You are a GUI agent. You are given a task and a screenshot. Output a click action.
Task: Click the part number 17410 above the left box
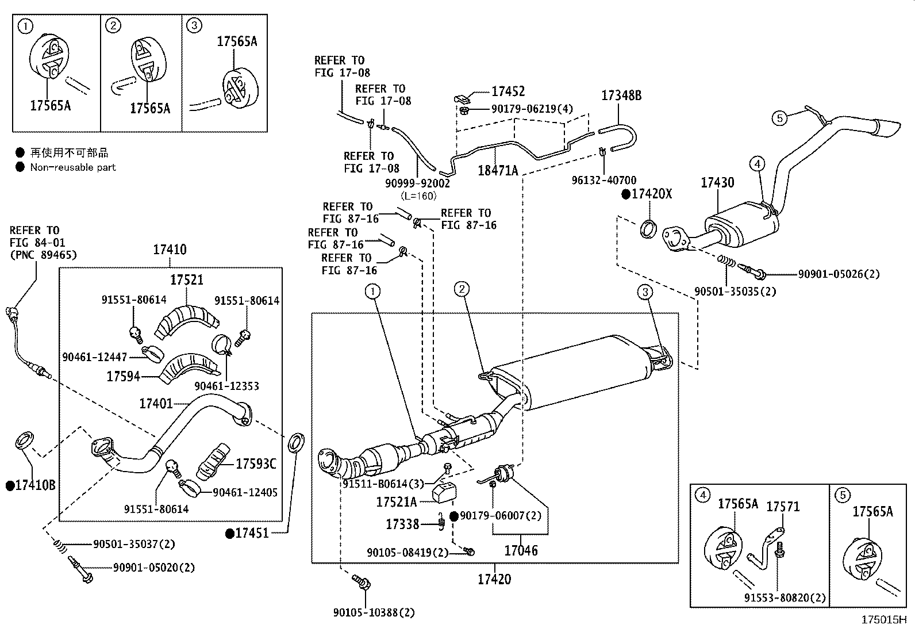tap(170, 250)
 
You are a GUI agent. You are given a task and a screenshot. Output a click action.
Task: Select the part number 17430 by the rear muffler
tap(717, 183)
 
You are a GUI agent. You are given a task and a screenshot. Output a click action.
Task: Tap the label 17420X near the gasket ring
tap(651, 194)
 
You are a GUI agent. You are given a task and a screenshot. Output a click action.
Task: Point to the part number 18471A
tap(498, 171)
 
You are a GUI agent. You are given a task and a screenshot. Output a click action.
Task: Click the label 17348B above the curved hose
tap(621, 96)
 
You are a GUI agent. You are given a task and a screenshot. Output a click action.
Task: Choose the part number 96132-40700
tap(604, 181)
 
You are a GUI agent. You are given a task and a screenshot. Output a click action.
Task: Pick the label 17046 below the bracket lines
tap(521, 551)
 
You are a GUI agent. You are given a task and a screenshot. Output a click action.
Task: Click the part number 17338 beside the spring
tap(402, 524)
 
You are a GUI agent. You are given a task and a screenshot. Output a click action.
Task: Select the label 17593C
tap(256, 464)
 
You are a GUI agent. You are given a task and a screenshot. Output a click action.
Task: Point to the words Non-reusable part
tap(73, 167)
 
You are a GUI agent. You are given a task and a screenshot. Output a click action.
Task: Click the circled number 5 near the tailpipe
tap(779, 118)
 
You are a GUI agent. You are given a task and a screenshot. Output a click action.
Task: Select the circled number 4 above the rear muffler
tap(757, 164)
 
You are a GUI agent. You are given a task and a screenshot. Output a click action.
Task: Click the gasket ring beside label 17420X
tap(648, 228)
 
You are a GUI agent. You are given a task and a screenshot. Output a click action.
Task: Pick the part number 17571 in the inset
tap(783, 507)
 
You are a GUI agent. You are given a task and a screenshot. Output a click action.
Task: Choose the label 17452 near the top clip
tap(508, 91)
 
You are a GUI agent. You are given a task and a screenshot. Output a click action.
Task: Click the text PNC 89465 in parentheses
tap(43, 255)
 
